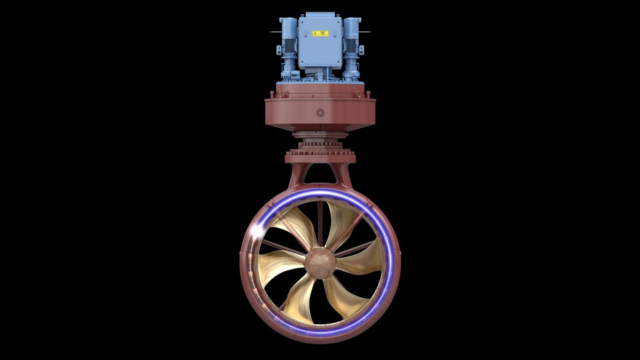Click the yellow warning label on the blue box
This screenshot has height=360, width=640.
(320, 34)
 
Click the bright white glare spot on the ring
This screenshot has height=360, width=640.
(257, 231)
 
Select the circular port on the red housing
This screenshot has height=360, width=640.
(320, 113)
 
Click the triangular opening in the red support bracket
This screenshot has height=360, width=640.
(320, 175)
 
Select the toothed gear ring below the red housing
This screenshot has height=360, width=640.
(320, 148)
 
